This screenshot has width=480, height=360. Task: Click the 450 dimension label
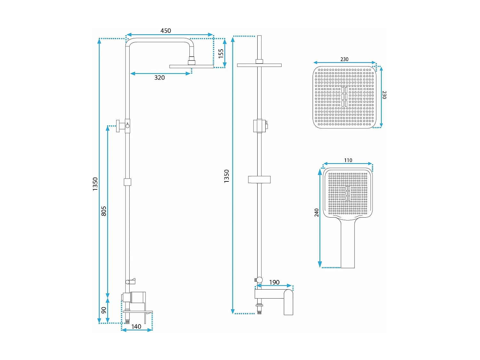pyautogui.click(x=165, y=31)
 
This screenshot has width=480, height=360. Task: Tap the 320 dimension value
pyautogui.click(x=159, y=77)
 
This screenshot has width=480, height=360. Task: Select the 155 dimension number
pyautogui.click(x=221, y=53)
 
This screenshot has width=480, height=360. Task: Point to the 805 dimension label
pyautogui.click(x=104, y=211)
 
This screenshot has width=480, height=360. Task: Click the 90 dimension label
pyautogui.click(x=104, y=310)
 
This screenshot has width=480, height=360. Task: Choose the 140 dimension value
pyautogui.click(x=136, y=326)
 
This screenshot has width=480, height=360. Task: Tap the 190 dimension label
pyautogui.click(x=274, y=282)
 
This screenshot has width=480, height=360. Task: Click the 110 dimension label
pyautogui.click(x=348, y=160)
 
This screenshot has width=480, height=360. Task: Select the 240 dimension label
pyautogui.click(x=316, y=212)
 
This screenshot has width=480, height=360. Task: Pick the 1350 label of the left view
pyautogui.click(x=95, y=184)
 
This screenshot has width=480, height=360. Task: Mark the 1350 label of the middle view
pyautogui.click(x=227, y=176)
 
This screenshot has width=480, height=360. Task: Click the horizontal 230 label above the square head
pyautogui.click(x=344, y=59)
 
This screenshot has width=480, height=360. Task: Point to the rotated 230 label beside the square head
pyautogui.click(x=384, y=95)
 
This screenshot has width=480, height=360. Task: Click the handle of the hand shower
pyautogui.click(x=348, y=246)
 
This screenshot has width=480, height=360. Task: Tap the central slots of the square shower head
pyautogui.click(x=344, y=96)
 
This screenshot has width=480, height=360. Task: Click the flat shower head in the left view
pyautogui.click(x=191, y=66)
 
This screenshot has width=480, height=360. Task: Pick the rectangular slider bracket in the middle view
pyautogui.click(x=259, y=180)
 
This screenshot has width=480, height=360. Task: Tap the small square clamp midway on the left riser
pyautogui.click(x=127, y=182)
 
